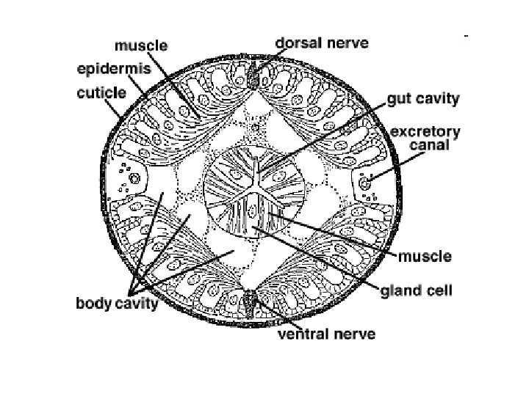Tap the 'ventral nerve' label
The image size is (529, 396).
(x=326, y=334)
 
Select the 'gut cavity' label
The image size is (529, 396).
(x=423, y=98)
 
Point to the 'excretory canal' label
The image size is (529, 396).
(x=425, y=139)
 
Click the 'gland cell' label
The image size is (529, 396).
(x=416, y=290)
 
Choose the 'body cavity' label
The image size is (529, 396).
(x=117, y=302)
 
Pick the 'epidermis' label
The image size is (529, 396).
(x=113, y=69)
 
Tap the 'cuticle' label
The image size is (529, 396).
(x=101, y=93)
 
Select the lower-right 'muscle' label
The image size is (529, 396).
(x=425, y=257)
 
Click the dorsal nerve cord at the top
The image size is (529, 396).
(x=254, y=76)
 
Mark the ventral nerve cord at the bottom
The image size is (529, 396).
(x=251, y=299)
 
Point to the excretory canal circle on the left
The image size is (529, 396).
(x=134, y=177)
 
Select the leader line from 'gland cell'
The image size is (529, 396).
(x=323, y=260)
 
